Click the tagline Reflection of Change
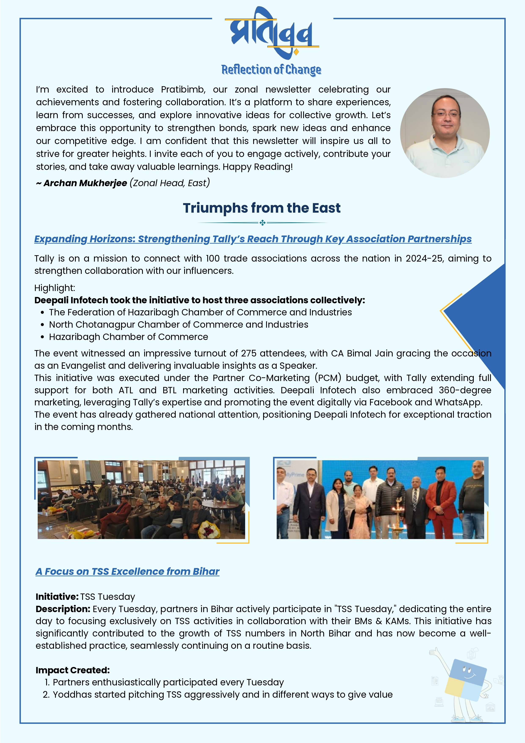(271, 69)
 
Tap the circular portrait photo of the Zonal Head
(445, 133)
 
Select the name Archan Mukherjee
(85, 183)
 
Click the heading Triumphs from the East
(262, 208)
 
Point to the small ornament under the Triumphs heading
(262, 223)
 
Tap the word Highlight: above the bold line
(55, 288)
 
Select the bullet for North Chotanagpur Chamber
(42, 325)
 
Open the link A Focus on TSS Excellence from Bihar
(127, 571)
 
